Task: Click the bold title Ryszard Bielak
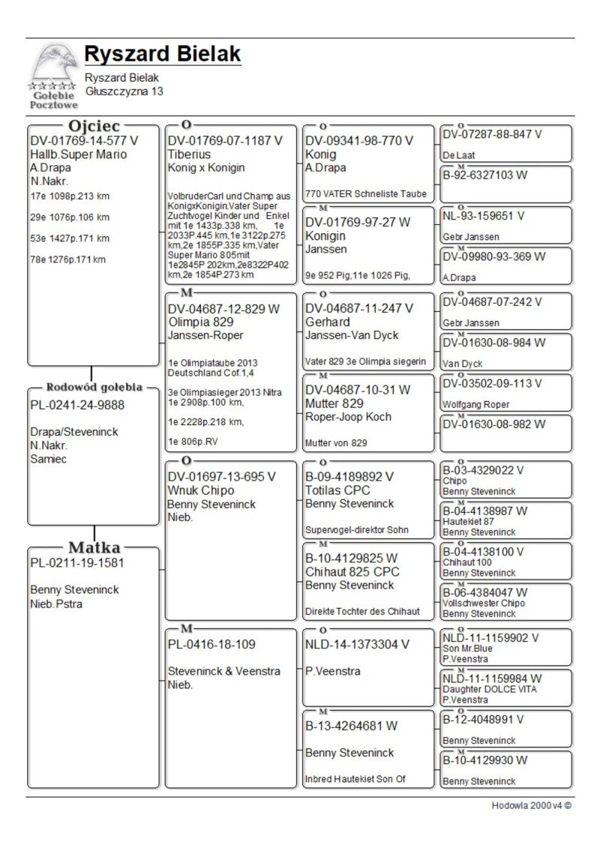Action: [163, 54]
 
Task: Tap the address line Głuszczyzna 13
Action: [124, 91]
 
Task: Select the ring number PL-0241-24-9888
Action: [77, 405]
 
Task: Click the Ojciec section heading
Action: [94, 125]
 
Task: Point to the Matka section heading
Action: [94, 547]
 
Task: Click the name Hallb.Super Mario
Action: [79, 154]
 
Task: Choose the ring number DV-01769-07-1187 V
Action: [225, 141]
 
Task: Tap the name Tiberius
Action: [189, 154]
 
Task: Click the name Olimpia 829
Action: [199, 322]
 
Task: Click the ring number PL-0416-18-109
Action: [211, 644]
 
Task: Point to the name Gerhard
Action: [328, 322]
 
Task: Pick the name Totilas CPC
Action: [338, 490]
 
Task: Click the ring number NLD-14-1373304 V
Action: [358, 644]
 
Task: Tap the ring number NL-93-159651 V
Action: [484, 215]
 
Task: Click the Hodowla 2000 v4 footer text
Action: [532, 806]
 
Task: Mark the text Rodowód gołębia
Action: [94, 388]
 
